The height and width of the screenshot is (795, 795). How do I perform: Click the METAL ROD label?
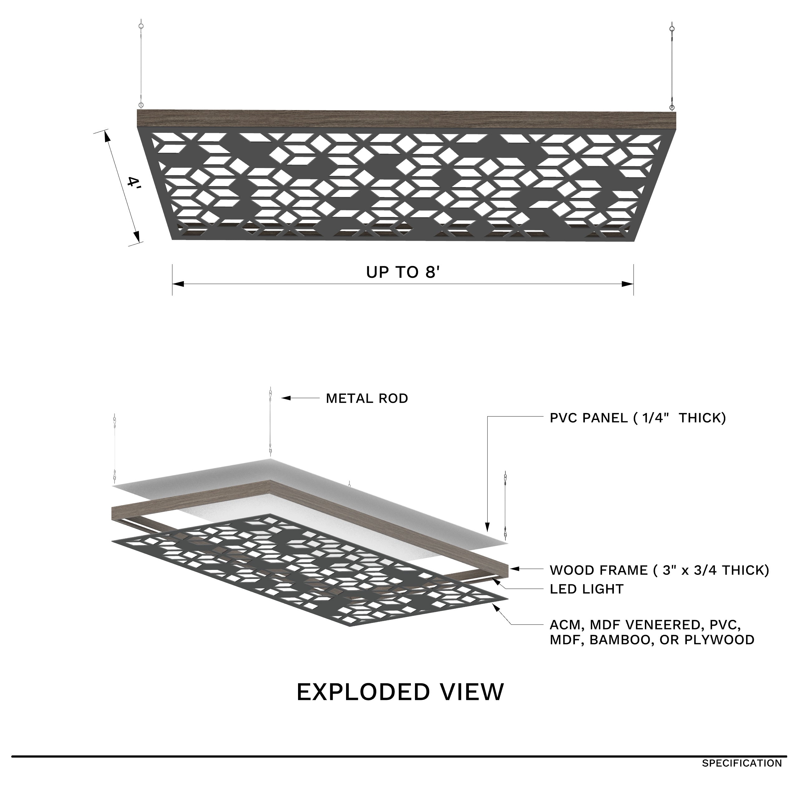(367, 398)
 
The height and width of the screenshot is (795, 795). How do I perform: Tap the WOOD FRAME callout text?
(659, 570)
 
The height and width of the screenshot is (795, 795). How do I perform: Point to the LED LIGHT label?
(586, 589)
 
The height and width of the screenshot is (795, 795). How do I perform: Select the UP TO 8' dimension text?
(403, 272)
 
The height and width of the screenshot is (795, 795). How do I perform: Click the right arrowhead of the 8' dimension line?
(628, 284)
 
